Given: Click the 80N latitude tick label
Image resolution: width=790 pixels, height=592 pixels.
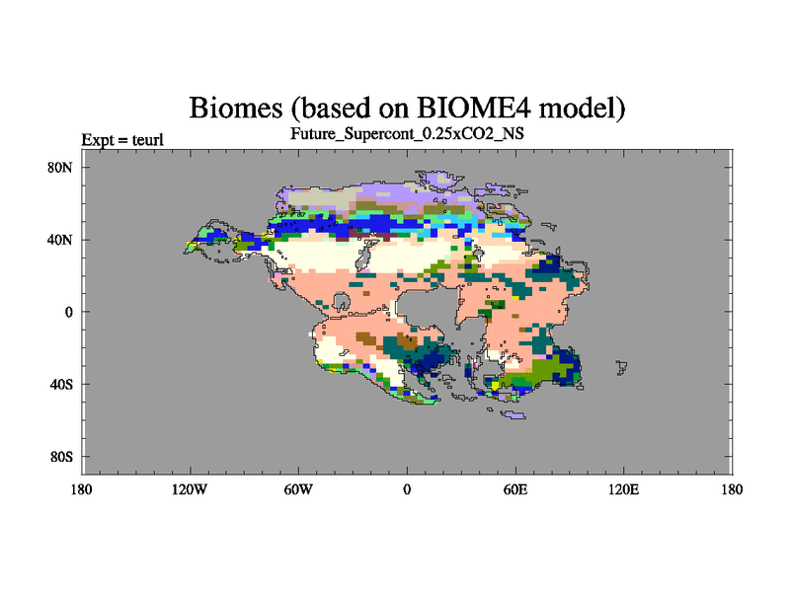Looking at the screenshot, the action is tap(60, 168).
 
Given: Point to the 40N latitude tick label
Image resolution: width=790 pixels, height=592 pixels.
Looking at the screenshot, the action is tap(60, 240).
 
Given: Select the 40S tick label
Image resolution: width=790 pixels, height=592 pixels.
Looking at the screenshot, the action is tap(61, 385).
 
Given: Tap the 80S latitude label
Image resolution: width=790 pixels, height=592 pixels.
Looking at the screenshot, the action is tap(61, 457).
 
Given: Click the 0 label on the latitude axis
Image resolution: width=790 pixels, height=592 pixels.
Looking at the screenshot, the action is tap(69, 312).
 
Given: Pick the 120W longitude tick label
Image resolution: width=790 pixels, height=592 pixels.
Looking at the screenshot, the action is tap(190, 489).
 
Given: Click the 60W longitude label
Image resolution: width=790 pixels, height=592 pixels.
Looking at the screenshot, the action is tap(298, 489).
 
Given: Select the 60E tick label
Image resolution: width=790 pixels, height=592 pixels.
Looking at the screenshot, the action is tap(515, 489).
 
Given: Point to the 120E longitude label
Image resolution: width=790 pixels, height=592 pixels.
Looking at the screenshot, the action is tap(624, 489).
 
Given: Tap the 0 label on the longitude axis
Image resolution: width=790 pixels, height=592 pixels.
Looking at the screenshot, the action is tap(407, 489).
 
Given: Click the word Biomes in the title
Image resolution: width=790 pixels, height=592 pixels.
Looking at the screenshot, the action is tap(236, 108).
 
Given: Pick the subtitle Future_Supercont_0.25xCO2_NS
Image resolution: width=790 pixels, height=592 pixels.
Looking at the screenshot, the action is tap(407, 133).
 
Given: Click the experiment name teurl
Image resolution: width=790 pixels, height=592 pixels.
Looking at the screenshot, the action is tap(147, 139).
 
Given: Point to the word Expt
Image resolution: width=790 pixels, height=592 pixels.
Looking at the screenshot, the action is tap(97, 140).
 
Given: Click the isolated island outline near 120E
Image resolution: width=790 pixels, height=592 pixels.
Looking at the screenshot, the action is tap(622, 367).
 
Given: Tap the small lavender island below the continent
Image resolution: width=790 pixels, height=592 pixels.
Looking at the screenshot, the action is tap(514, 414).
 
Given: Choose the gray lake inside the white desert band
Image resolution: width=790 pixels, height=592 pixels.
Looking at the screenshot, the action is tap(363, 255).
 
